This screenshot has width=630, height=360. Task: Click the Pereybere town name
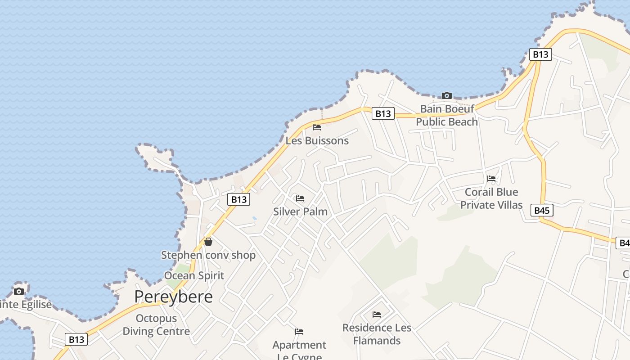pos(173,297)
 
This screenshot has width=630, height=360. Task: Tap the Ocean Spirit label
pos(194,275)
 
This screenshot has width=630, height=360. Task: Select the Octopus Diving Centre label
pos(156,325)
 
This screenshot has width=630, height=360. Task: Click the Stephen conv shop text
pos(208,255)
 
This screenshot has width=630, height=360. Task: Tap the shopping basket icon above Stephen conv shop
pos(208,242)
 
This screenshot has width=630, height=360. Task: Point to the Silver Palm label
pos(300,211)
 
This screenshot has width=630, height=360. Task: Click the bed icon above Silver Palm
pos(300,198)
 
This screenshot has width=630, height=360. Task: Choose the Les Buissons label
pos(317,141)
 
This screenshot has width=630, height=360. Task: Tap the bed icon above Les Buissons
pos(317,127)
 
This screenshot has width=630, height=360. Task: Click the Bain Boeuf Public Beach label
pos(447,115)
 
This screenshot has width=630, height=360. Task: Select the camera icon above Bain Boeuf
pos(446,95)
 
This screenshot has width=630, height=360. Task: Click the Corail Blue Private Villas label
pos(491,198)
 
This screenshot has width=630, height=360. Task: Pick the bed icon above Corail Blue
pos(491,179)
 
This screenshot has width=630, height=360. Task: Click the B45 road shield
pos(541,210)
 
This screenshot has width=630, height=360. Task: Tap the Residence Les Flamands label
pos(377,334)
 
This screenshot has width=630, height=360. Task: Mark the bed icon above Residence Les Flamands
pos(377,315)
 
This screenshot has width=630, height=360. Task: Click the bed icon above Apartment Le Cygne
pos(299,332)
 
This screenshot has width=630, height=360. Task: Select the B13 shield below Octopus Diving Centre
pos(76,339)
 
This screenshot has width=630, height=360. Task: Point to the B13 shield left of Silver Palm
pos(238,199)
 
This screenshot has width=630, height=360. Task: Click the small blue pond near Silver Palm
pos(255,218)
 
